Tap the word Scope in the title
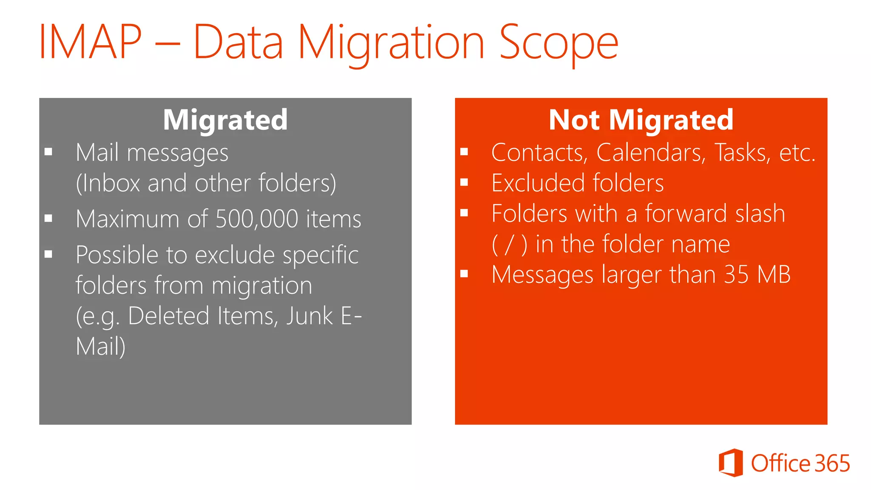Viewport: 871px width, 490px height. click(558, 43)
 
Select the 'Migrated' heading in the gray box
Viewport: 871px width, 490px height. click(225, 120)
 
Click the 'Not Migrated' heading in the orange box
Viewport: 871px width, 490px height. click(641, 120)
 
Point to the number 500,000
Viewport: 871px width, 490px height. click(257, 219)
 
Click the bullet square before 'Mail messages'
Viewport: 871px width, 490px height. click(48, 152)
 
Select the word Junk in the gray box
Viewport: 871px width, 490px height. click(309, 316)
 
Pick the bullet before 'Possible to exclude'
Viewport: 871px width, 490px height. click(48, 254)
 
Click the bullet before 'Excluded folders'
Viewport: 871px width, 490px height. click(464, 182)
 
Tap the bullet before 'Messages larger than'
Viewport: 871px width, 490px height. click(464, 274)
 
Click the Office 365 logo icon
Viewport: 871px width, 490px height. click(731, 463)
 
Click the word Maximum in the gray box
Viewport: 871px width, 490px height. click(127, 219)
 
